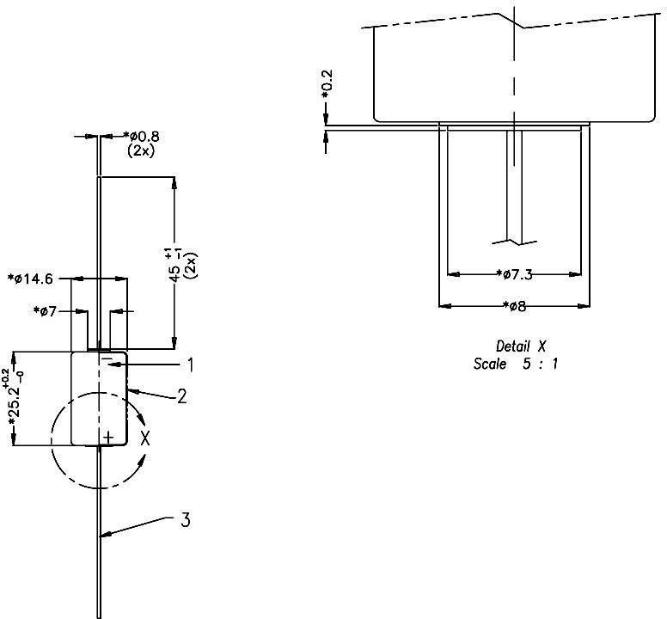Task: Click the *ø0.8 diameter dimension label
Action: tap(142, 136)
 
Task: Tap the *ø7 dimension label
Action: tap(46, 310)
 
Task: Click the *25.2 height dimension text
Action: tap(13, 405)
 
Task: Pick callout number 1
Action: tap(189, 365)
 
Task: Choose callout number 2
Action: tap(182, 396)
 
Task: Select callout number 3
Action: tap(185, 520)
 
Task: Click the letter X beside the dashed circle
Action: tap(145, 438)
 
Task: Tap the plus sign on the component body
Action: tap(107, 438)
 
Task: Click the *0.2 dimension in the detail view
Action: tap(327, 86)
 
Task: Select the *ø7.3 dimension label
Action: tap(516, 274)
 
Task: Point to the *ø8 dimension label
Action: tap(514, 305)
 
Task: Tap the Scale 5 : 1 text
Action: tap(515, 364)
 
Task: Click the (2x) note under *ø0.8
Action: tap(140, 150)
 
